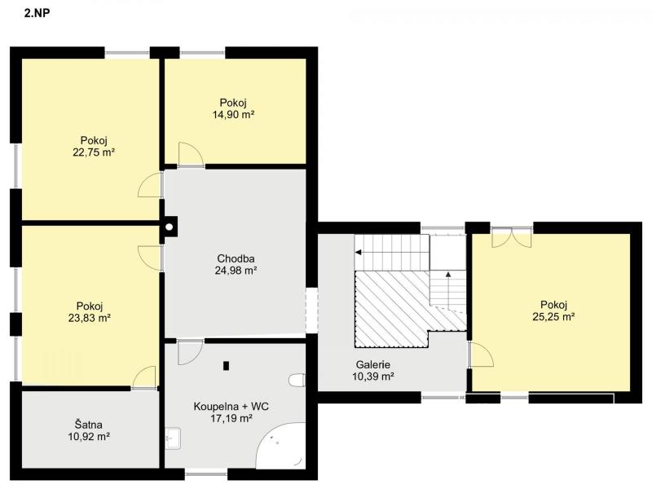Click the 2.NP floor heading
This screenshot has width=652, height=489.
[x=37, y=13]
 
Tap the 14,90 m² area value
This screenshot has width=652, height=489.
[x=233, y=115]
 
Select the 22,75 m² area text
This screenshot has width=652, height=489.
[x=94, y=152]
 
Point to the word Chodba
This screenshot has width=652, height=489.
[x=236, y=258]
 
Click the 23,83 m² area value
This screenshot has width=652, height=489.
[x=90, y=318]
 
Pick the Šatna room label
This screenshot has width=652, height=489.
[x=89, y=425]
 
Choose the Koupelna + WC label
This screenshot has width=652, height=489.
[x=231, y=406]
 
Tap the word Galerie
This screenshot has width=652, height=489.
[x=373, y=364]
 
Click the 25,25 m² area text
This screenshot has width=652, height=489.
[x=553, y=317]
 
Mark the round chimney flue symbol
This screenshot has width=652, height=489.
[x=170, y=227]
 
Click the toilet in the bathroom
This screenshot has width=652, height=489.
[x=297, y=380]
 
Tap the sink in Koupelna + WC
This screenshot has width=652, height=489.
[x=173, y=438]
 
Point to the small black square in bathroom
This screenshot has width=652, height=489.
[x=227, y=366]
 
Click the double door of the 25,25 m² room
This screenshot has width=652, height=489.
[x=512, y=238]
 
